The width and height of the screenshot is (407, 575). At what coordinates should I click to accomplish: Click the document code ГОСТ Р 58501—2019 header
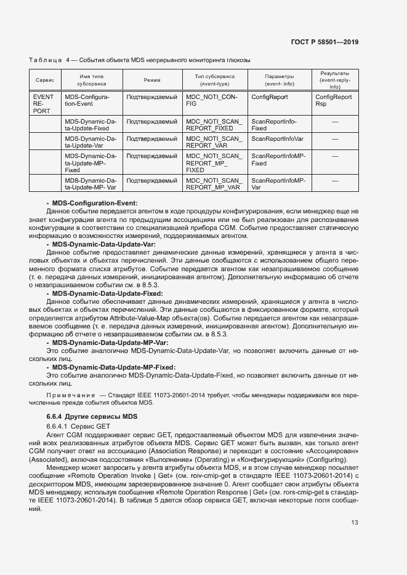pyautogui.click(x=324, y=42)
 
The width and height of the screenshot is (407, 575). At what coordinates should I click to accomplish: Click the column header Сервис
pyautogui.click(x=45, y=81)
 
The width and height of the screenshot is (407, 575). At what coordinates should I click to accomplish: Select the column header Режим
pyautogui.click(x=152, y=81)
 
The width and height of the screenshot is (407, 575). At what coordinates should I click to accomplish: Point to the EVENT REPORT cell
pyautogui.click(x=43, y=104)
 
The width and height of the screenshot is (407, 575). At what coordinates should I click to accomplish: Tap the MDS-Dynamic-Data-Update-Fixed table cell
pyautogui.click(x=91, y=125)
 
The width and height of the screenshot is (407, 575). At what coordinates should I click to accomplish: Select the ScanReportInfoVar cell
pyautogui.click(x=277, y=139)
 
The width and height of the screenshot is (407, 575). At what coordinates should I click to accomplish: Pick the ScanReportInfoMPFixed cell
pyautogui.click(x=278, y=160)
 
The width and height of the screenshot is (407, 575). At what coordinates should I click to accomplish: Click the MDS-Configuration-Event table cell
pyautogui.click(x=87, y=101)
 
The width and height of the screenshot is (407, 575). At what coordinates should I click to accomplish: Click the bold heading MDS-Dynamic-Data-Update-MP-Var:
pyautogui.click(x=110, y=342)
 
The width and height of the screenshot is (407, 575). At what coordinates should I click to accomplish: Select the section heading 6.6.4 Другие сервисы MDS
pyautogui.click(x=92, y=416)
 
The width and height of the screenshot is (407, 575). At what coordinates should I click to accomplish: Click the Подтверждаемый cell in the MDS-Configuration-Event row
pyautogui.click(x=152, y=97)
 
